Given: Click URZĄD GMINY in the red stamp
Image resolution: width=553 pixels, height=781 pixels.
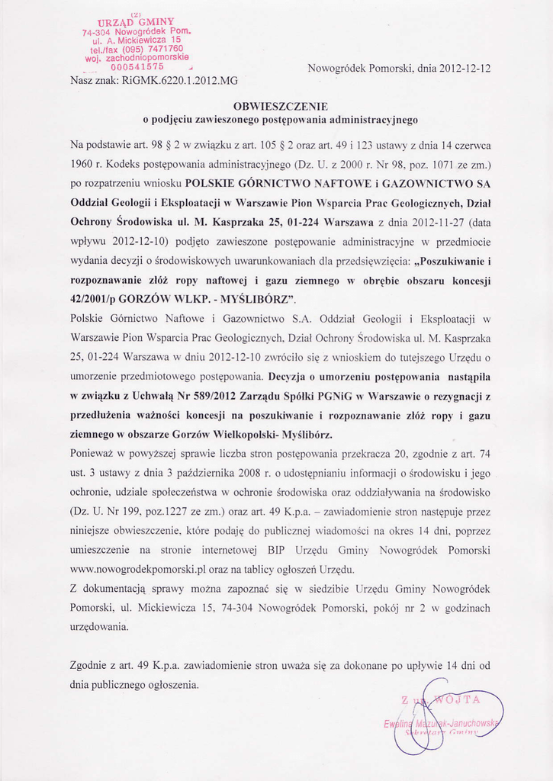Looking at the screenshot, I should click(137, 22).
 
